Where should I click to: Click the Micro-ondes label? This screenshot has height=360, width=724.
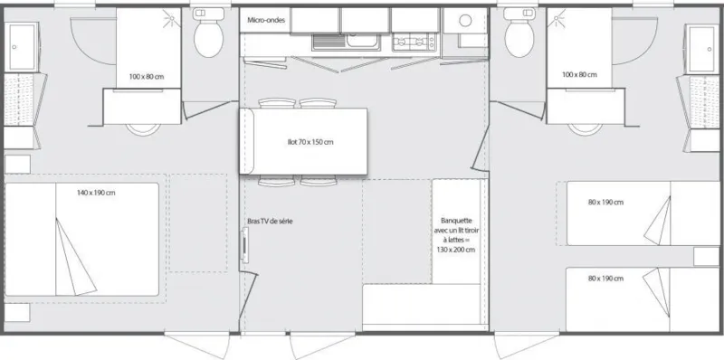click(263, 19)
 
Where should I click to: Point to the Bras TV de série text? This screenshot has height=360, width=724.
click(270, 221)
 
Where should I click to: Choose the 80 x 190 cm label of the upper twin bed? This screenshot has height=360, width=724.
click(605, 202)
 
